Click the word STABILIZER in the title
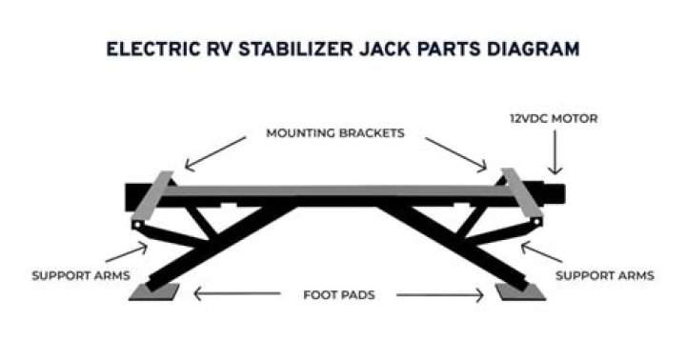(x=295, y=49)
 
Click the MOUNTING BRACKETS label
(x=335, y=133)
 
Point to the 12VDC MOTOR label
(x=554, y=118)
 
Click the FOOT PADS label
(x=339, y=295)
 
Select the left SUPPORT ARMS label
(x=81, y=275)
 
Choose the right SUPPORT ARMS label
(x=605, y=275)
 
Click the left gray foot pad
(x=154, y=292)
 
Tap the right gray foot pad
(x=520, y=292)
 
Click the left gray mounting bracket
(x=151, y=195)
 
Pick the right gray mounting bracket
(x=522, y=193)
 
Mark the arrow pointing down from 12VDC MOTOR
(x=555, y=152)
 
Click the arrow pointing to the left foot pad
(x=236, y=293)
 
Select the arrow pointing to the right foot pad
(x=440, y=295)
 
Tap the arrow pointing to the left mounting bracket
(x=215, y=153)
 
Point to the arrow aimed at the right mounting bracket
(x=455, y=153)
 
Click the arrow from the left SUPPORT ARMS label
(x=127, y=252)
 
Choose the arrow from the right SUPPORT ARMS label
(x=541, y=252)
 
